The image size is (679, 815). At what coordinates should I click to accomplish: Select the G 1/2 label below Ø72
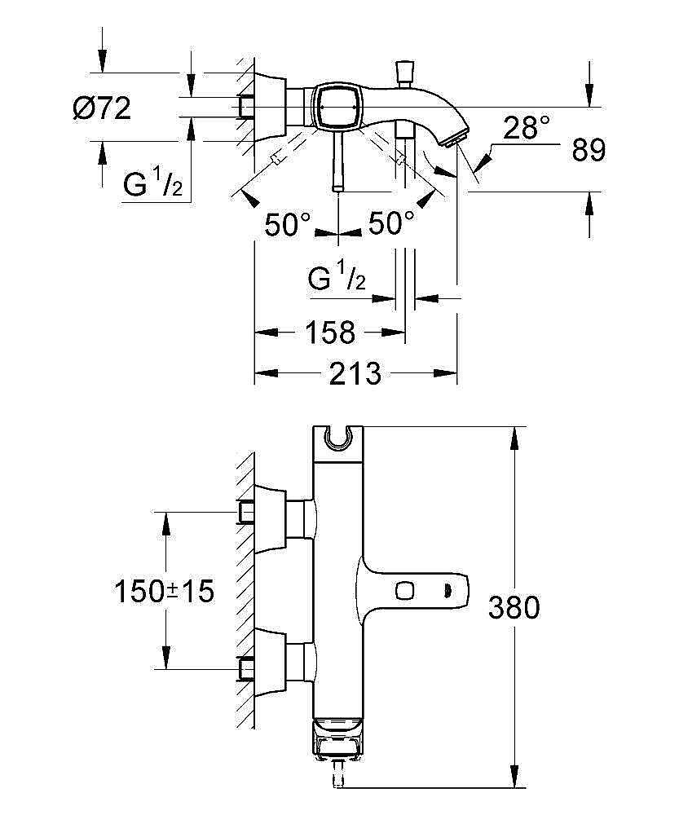(x=152, y=185)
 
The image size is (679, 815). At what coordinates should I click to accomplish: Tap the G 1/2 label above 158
(x=337, y=280)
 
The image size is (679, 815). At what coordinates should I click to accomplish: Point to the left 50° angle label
(x=288, y=223)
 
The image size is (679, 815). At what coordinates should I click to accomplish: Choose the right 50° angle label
(x=391, y=223)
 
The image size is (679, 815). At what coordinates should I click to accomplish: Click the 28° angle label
(x=526, y=128)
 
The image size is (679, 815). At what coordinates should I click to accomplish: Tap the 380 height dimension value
(x=514, y=607)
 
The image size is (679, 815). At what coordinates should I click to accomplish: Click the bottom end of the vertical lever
(x=337, y=187)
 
